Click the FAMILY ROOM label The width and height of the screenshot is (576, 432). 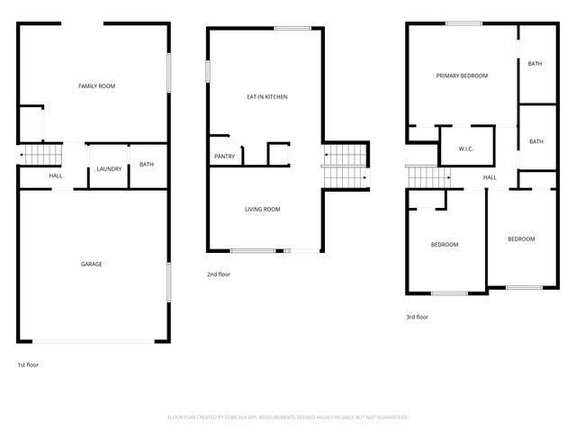click(x=96, y=86)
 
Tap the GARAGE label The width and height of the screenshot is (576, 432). click(x=92, y=264)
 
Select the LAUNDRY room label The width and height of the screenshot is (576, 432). click(x=109, y=169)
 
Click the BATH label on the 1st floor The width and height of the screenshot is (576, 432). click(x=146, y=164)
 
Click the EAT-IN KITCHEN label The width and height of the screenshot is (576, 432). click(x=267, y=96)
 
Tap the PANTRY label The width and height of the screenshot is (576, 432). click(x=224, y=157)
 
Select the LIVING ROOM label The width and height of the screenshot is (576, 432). click(x=263, y=209)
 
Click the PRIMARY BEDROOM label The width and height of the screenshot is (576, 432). click(x=462, y=76)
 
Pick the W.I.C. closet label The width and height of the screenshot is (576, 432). click(x=466, y=148)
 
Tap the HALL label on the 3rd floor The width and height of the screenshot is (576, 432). click(x=490, y=177)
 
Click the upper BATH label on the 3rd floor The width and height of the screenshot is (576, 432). click(x=535, y=64)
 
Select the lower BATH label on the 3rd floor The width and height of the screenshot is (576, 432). click(x=536, y=141)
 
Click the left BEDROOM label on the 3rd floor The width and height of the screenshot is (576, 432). click(x=445, y=245)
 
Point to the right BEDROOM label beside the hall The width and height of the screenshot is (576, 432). click(x=521, y=239)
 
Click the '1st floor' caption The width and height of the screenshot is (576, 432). click(x=28, y=365)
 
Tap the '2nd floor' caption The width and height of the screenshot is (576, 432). click(x=219, y=274)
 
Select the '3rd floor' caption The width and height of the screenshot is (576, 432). click(x=417, y=317)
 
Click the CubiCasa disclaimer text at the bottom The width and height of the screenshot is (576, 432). click(x=288, y=418)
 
